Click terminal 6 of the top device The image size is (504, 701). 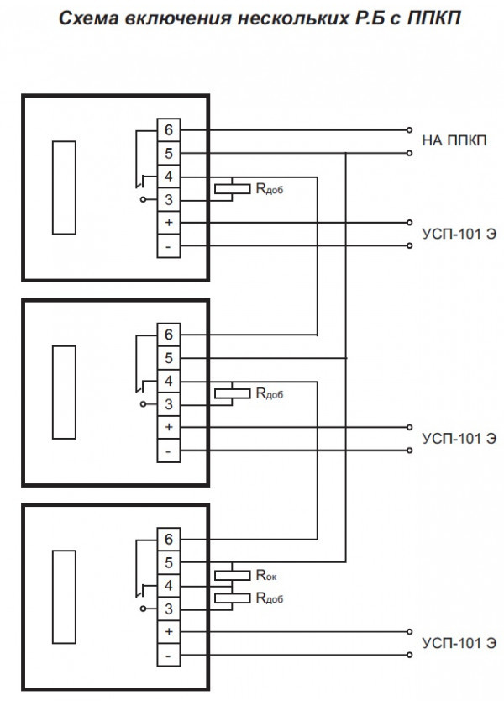169,130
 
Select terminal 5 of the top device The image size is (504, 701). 169,154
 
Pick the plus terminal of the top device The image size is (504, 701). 169,223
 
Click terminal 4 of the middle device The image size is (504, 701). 169,382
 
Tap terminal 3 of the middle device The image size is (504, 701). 169,404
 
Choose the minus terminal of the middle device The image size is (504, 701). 169,451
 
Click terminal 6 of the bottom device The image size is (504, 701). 169,539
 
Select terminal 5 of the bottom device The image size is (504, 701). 169,562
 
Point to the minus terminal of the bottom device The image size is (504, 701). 169,655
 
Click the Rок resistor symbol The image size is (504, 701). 230,576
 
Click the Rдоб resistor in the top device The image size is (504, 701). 230,189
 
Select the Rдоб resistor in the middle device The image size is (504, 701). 230,393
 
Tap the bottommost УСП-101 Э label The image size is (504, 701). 459,643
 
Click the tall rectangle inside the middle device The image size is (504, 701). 64,392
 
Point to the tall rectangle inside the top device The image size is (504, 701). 64,187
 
